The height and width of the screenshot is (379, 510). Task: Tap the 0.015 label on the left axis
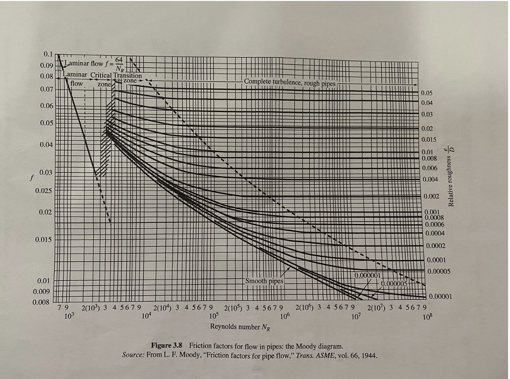(45, 239)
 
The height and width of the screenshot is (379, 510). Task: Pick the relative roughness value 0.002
(430, 197)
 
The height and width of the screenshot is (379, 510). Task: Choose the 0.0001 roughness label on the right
(434, 260)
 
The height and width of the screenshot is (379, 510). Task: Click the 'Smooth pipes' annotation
(264, 281)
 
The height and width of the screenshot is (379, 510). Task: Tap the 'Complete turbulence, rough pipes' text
(290, 82)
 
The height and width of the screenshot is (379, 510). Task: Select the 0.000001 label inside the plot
(367, 276)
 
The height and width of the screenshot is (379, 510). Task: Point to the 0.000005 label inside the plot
(394, 283)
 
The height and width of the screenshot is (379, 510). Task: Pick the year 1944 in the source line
(369, 356)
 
